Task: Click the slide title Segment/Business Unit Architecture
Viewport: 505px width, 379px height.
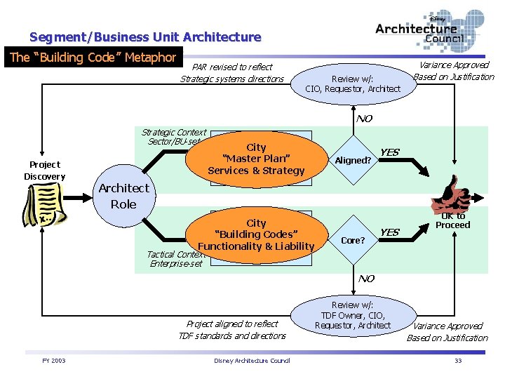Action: (145, 37)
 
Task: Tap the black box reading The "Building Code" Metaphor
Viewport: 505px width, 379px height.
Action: (93, 58)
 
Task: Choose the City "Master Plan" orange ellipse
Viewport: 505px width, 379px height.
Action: (256, 159)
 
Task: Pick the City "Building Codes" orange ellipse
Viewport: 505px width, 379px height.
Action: (256, 234)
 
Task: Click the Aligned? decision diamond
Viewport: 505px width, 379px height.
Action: (353, 160)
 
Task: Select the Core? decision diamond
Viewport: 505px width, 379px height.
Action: (353, 240)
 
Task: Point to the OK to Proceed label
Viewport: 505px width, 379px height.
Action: (452, 221)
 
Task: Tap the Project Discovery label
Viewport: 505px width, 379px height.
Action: (45, 171)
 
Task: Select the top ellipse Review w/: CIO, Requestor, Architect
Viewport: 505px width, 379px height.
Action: (353, 84)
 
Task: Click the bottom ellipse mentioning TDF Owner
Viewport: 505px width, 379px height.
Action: (353, 315)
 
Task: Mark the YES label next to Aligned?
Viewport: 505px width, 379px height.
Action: (389, 152)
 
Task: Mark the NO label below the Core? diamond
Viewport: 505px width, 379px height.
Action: (366, 279)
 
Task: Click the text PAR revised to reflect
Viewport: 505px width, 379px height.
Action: (232, 67)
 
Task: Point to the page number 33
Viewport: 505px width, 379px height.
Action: (457, 361)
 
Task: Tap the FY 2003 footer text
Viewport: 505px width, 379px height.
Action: (53, 361)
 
